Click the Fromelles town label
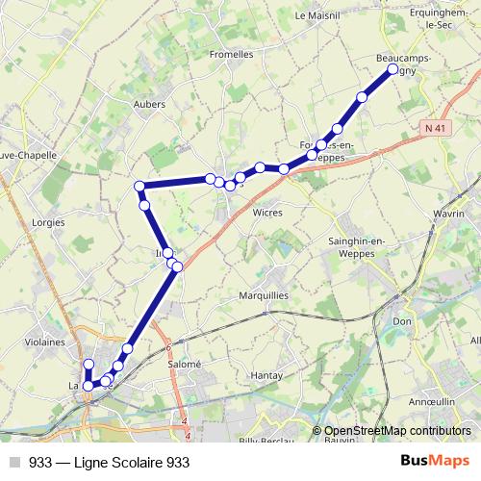231,55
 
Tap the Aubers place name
149,104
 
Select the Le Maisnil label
313,15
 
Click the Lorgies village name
47,221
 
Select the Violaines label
45,341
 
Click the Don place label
402,320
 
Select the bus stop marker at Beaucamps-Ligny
392,69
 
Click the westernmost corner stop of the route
139,186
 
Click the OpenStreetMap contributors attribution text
397,431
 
